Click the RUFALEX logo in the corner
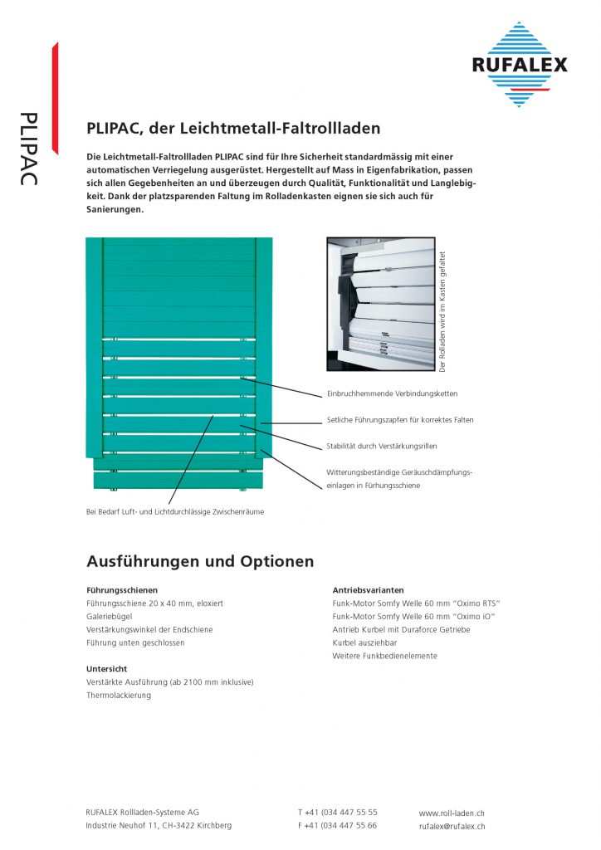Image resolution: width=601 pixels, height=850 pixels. coord(520,64)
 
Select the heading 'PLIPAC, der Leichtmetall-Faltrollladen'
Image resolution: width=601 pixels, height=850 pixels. coord(233,129)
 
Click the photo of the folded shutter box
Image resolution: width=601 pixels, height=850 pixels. coord(381,303)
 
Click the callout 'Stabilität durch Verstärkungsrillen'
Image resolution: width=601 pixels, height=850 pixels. coord(382,446)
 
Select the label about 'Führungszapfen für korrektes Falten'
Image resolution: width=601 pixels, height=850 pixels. coord(400,420)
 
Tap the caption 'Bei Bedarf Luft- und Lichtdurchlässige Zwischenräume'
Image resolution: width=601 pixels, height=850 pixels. coord(175,512)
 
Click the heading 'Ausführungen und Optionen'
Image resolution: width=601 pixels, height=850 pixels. coord(200,562)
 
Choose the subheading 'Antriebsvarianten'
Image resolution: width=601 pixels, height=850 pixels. coord(369,590)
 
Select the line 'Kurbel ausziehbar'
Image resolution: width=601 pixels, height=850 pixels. coord(364,642)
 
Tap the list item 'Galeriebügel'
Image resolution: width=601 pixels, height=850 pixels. coord(108,617)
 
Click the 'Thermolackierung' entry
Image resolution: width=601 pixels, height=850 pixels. coord(119,695)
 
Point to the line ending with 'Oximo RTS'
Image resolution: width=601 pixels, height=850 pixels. coord(416,603)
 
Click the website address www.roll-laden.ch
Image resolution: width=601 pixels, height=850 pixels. coord(452,813)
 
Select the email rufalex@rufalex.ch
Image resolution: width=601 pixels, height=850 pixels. coord(452,827)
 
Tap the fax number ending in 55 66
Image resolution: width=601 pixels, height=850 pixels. coord(337,826)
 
